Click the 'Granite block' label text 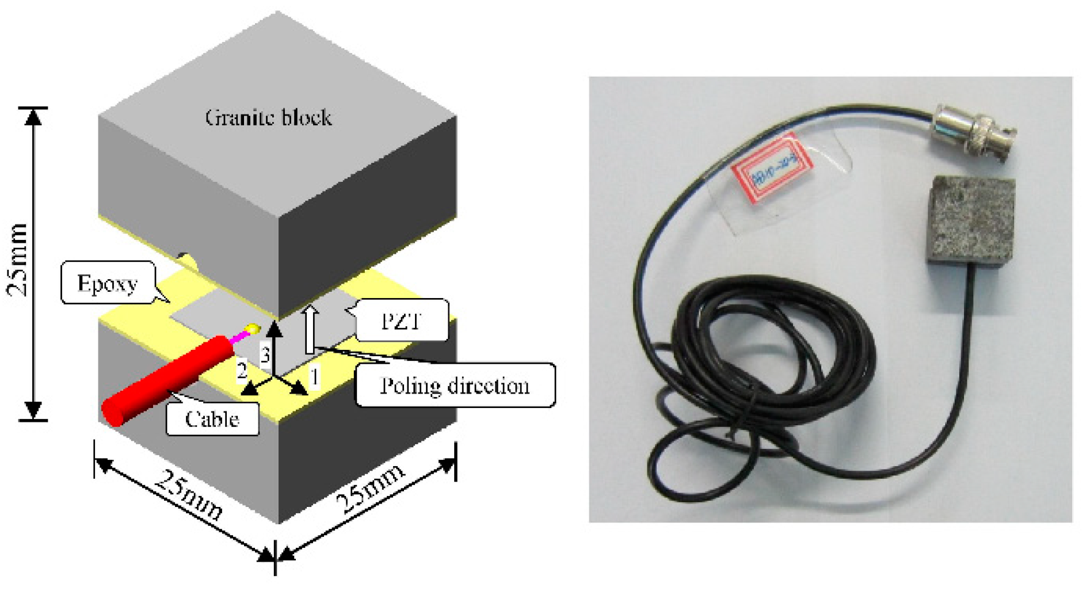click(268, 117)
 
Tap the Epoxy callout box click(108, 283)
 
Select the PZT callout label click(402, 321)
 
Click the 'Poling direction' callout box click(455, 385)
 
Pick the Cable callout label click(212, 419)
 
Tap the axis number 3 click(265, 354)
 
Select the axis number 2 click(242, 370)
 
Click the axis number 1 click(314, 377)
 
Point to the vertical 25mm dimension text click(18, 260)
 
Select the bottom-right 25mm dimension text click(371, 489)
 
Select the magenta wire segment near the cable click(239, 337)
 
